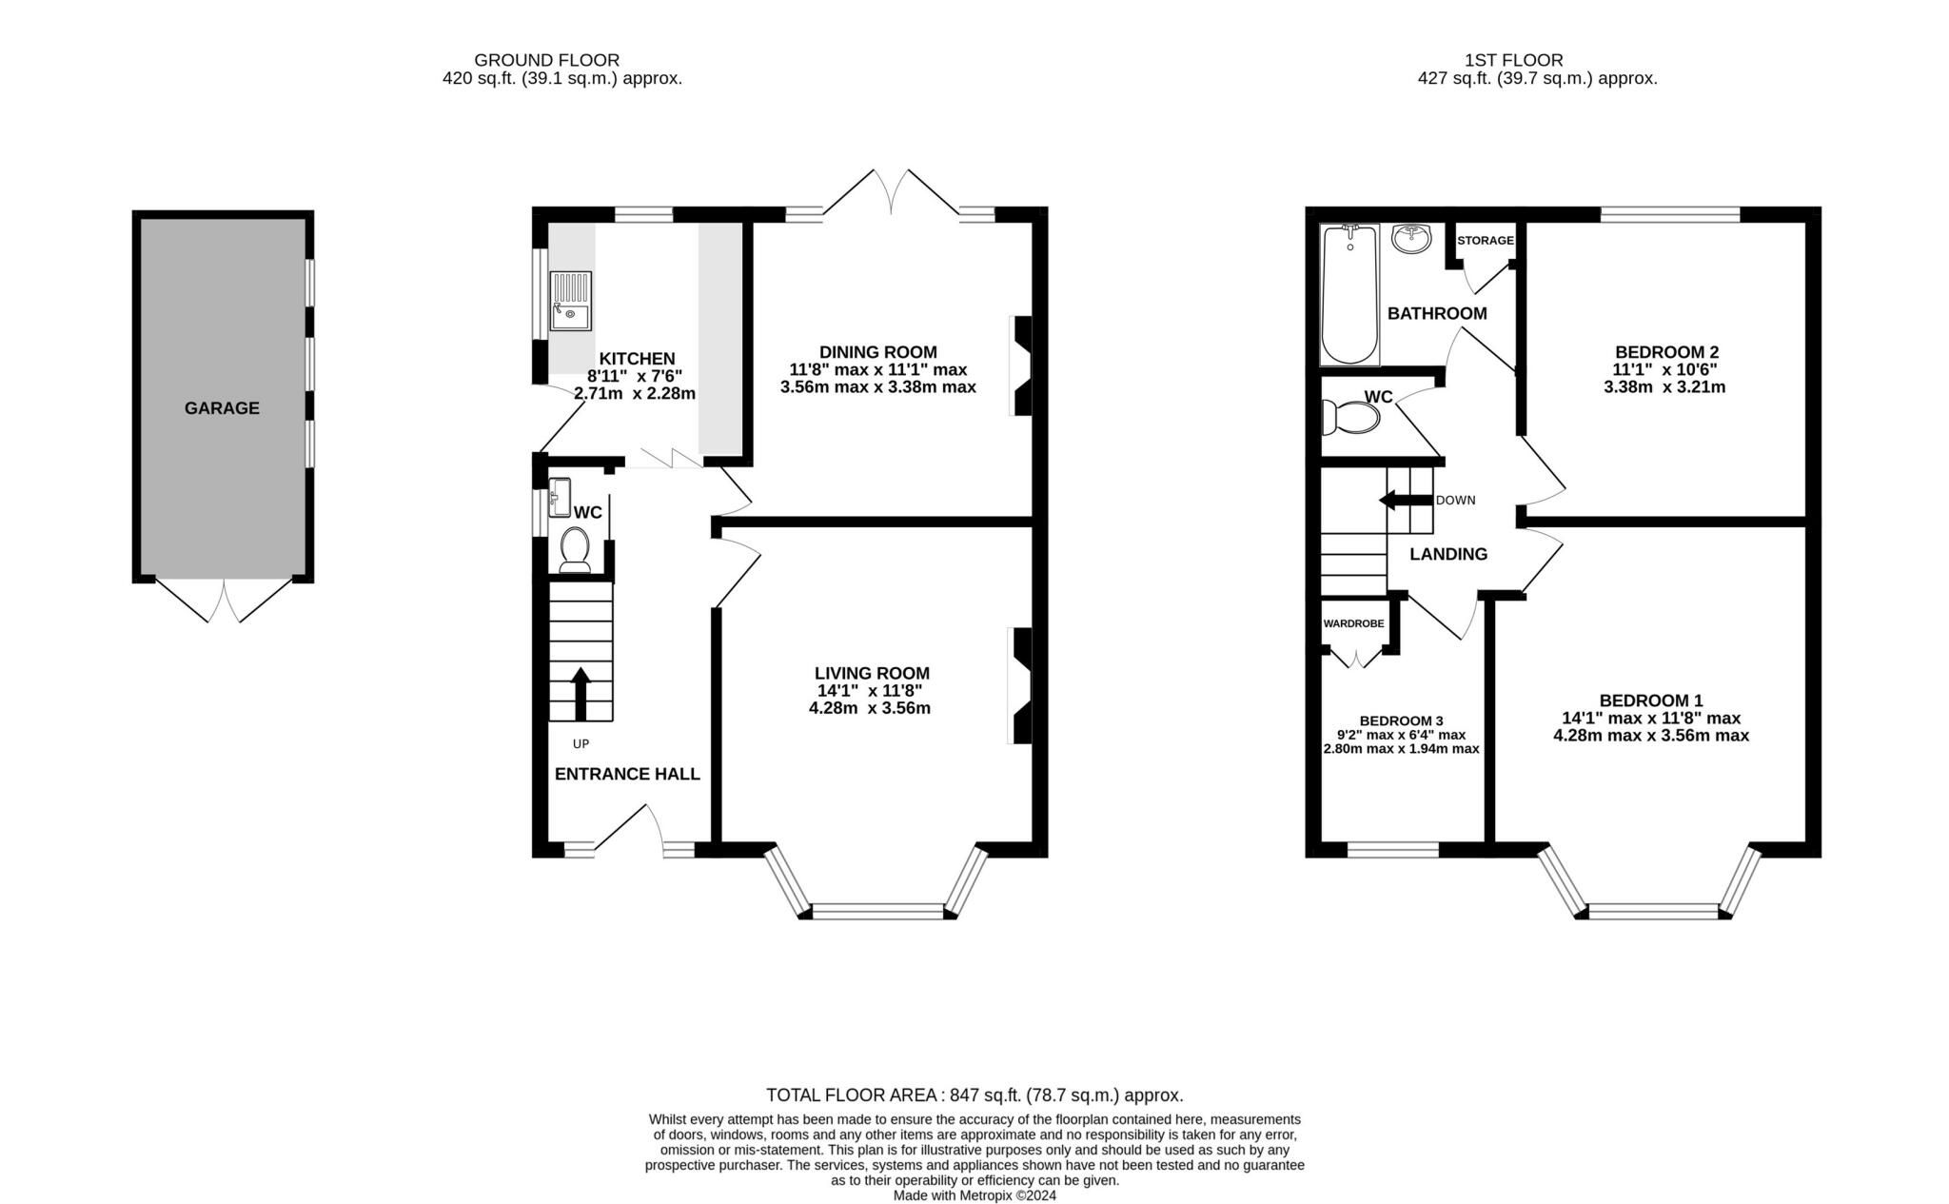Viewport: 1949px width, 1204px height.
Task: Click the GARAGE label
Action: pos(222,408)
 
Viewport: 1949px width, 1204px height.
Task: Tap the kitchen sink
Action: pos(571,301)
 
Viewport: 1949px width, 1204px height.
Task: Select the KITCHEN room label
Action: pos(637,359)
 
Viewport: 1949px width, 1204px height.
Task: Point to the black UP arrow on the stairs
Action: pos(580,694)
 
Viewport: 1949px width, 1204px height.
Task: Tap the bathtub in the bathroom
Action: pos(1349,294)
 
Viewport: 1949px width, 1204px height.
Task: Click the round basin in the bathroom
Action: pos(1411,238)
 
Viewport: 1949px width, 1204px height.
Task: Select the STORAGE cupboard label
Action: pos(1486,241)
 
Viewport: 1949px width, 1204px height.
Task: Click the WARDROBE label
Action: pos(1353,624)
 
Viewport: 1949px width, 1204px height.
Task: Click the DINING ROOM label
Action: pos(877,352)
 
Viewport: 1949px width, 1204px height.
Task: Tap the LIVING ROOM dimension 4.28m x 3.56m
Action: pos(870,708)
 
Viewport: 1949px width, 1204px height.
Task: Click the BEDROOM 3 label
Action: pos(1401,720)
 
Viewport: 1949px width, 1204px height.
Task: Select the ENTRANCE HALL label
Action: pos(627,775)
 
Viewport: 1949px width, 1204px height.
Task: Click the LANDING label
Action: pos(1448,555)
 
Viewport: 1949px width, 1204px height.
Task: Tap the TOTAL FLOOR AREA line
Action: pos(974,1095)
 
